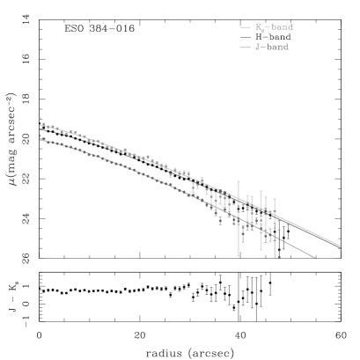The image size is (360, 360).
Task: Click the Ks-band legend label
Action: point(274,28)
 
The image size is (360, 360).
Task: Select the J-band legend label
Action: point(272,46)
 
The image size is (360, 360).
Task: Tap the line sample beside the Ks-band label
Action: point(245,28)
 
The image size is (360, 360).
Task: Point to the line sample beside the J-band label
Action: point(245,46)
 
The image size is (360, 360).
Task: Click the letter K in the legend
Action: point(258,28)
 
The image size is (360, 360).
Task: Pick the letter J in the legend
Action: point(257,46)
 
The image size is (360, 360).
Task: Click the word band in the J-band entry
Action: point(278,46)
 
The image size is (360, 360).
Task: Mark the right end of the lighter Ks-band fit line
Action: point(340,245)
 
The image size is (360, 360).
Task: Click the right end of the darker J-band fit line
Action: point(315,259)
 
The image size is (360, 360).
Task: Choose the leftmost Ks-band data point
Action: point(40,118)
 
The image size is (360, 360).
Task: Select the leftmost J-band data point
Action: point(40,136)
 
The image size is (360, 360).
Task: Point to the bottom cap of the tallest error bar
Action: point(239,255)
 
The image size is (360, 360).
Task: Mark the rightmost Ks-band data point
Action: point(274,212)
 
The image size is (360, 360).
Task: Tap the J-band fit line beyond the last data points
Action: point(299,249)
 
